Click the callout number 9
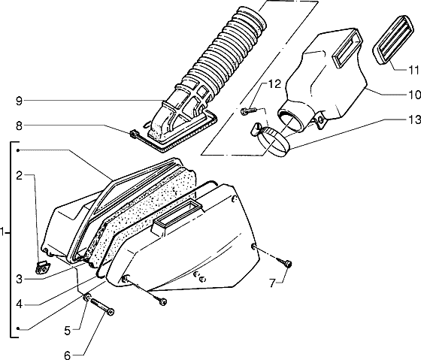(19, 101)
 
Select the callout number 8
(19, 126)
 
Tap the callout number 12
(274, 84)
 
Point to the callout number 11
(413, 70)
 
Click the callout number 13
(413, 119)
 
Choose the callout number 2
(19, 176)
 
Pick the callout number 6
(68, 355)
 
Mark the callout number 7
(272, 283)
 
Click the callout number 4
(19, 304)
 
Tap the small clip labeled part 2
(42, 268)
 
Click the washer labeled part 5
(87, 297)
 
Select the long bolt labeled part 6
(102, 307)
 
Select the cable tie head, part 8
(132, 134)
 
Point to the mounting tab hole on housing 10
(320, 119)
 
